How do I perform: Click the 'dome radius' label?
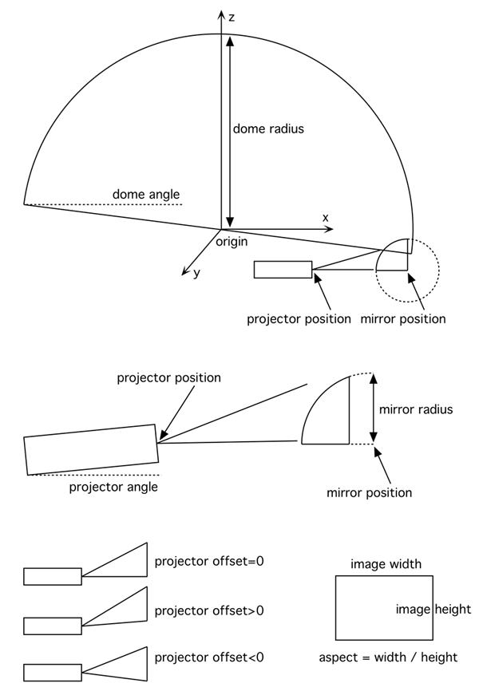coord(268,128)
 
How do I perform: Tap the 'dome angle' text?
coord(145,194)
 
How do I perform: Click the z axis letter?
coord(232,17)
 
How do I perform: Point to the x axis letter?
coord(325,217)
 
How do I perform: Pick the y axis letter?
coord(196,273)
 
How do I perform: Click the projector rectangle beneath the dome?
coord(283,270)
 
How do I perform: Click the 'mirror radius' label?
coord(415,409)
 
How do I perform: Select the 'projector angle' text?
coord(113,487)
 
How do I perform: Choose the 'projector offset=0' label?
coord(209,561)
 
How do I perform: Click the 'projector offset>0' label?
coord(209,610)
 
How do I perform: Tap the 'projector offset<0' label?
coord(209,658)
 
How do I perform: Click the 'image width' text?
coord(386,564)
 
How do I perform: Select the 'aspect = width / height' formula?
coord(388,657)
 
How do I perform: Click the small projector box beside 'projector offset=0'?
coord(53,575)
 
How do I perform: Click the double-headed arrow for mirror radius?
coord(372,409)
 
